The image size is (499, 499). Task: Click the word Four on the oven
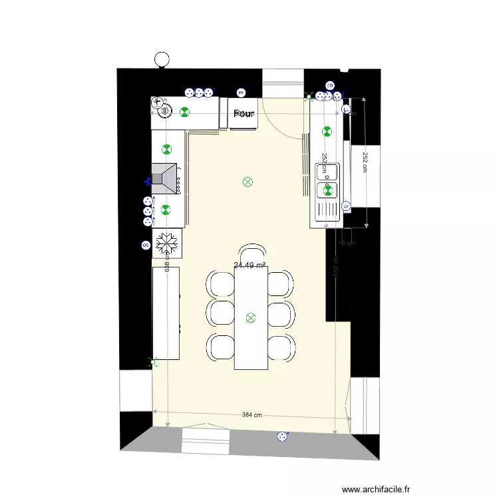[x=245, y=114]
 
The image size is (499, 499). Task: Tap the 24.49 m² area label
[x=250, y=265]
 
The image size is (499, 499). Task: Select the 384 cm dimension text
[x=251, y=415]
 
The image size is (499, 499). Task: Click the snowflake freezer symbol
[x=167, y=243]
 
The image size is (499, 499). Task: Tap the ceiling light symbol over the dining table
[x=251, y=318]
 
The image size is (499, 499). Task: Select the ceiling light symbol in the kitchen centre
[x=248, y=181]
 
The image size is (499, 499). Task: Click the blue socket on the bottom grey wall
[x=283, y=436]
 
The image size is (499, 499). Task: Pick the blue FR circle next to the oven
[x=241, y=92]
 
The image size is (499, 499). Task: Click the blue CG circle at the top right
[x=329, y=85]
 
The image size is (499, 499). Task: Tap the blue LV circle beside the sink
[x=346, y=206]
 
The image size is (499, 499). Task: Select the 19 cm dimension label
[x=346, y=243]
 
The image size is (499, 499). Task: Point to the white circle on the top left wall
[x=160, y=59]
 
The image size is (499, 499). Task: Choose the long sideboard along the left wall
[x=166, y=313]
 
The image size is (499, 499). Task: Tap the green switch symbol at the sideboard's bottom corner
[x=153, y=362]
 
